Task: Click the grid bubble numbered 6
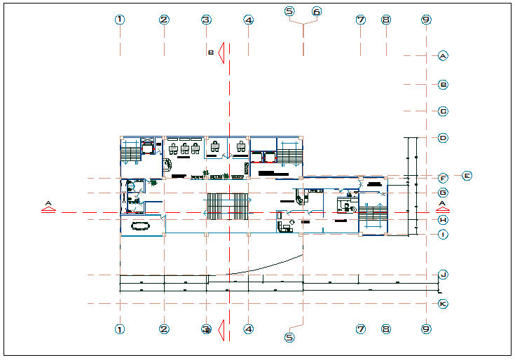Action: click(x=317, y=12)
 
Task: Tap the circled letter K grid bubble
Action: click(x=443, y=304)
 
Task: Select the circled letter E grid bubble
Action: click(x=467, y=175)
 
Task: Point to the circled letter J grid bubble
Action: click(x=443, y=275)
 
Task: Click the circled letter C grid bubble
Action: click(x=443, y=111)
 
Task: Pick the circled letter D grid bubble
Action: click(x=443, y=138)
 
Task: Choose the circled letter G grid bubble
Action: click(x=443, y=193)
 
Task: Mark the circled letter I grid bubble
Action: click(x=443, y=235)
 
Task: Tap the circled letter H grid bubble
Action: click(x=443, y=220)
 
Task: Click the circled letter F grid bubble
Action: click(x=443, y=179)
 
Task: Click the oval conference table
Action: click(x=140, y=226)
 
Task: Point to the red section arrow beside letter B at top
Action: click(x=220, y=52)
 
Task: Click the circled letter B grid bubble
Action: click(x=443, y=85)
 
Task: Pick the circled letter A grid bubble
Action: click(x=443, y=55)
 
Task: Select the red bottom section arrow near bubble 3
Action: click(x=220, y=328)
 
